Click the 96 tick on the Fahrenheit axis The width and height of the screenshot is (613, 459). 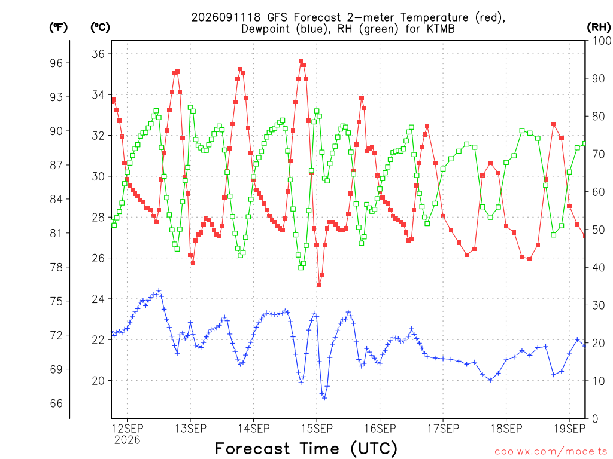[x=56, y=63]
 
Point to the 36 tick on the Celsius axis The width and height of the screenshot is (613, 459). [x=98, y=54]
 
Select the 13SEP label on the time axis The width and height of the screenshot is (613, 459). [x=190, y=429]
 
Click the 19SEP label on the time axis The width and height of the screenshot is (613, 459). [x=570, y=429]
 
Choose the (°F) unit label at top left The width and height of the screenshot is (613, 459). [x=58, y=27]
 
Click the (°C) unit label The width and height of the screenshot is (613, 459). [x=100, y=27]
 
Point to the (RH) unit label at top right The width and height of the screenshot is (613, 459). [x=599, y=27]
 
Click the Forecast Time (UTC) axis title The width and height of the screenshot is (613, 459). [x=306, y=449]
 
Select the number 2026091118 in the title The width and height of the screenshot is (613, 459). [x=226, y=17]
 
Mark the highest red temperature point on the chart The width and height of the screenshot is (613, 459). [x=301, y=61]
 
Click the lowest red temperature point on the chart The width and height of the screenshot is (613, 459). [x=320, y=285]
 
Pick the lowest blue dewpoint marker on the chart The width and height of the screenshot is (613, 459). [x=324, y=398]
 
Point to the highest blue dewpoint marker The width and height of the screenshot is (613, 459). [x=159, y=291]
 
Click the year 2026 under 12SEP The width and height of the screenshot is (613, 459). [x=127, y=440]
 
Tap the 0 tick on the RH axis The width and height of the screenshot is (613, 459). [x=595, y=419]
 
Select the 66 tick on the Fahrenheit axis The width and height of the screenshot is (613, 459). [x=56, y=403]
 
